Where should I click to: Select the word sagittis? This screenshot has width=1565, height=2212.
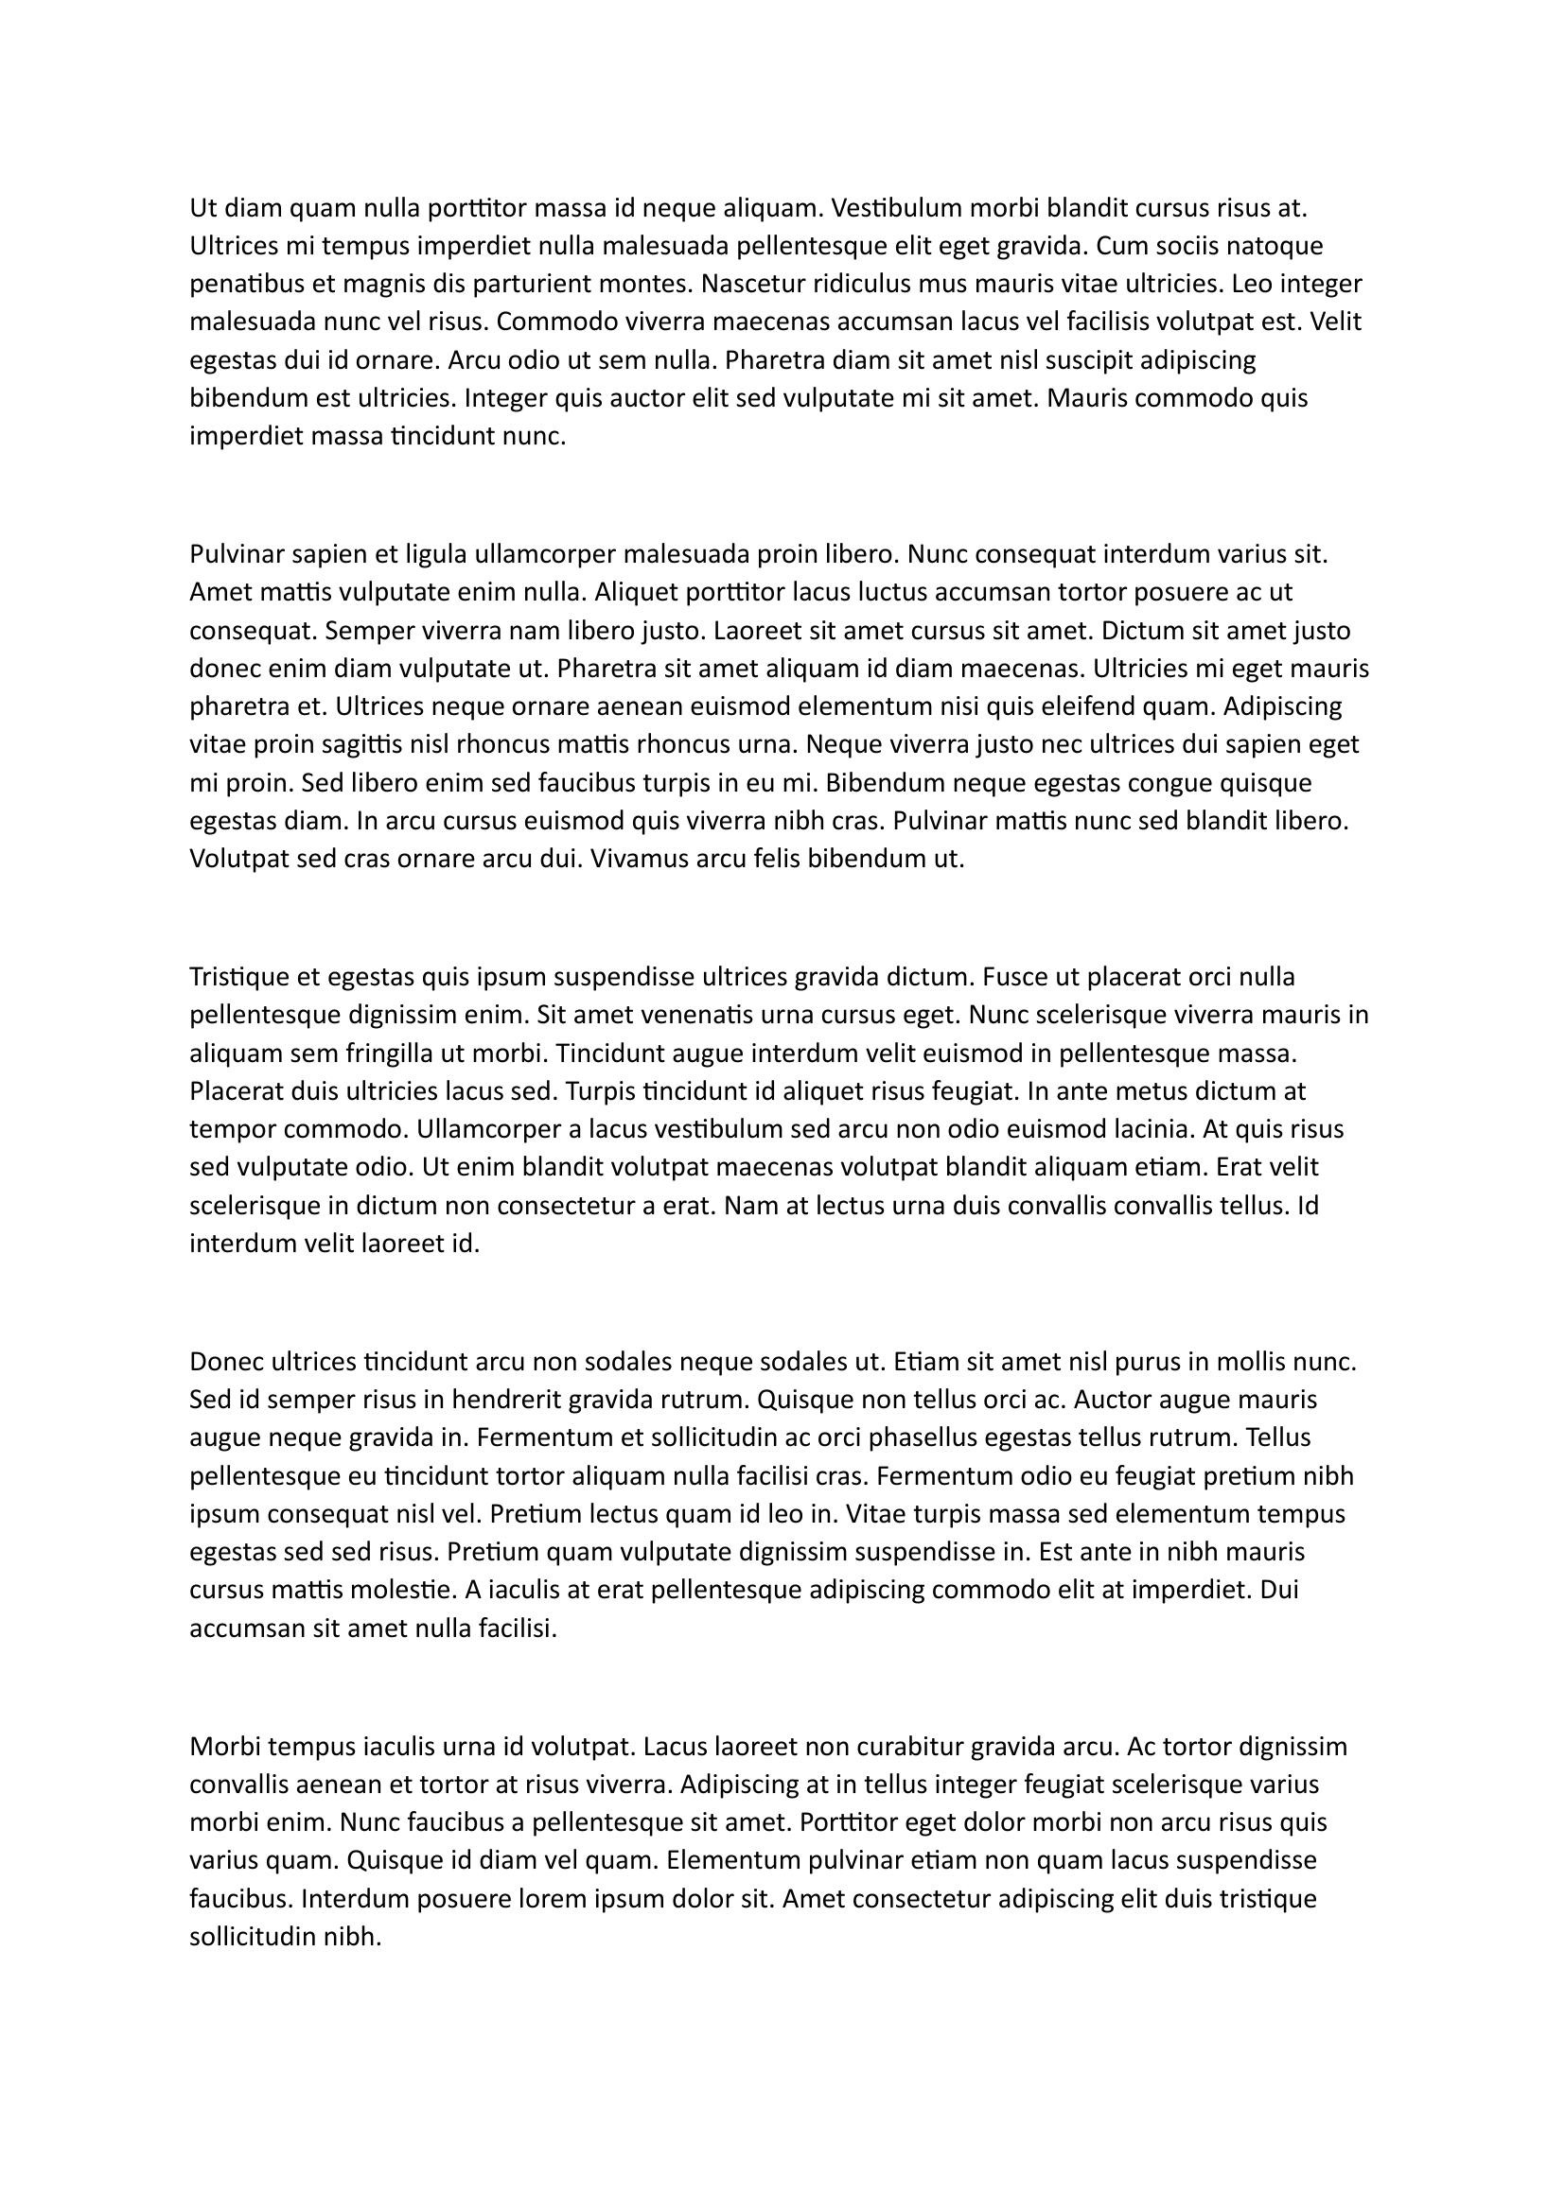361,744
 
